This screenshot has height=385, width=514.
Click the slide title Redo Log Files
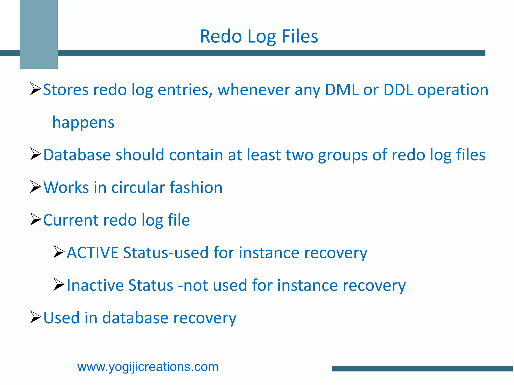pos(259,37)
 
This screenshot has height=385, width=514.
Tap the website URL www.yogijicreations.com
pos(148,367)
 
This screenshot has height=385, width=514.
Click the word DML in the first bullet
pos(342,90)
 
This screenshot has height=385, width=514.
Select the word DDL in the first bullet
pos(398,90)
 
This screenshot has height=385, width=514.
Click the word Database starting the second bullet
pos(77,155)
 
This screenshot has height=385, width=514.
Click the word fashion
pos(196,187)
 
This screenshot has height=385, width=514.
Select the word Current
pos(71,220)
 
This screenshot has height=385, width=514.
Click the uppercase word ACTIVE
pos(92,253)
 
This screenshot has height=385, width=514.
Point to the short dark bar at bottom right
pos(422,368)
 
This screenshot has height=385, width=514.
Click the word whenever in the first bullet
pos(253,90)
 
